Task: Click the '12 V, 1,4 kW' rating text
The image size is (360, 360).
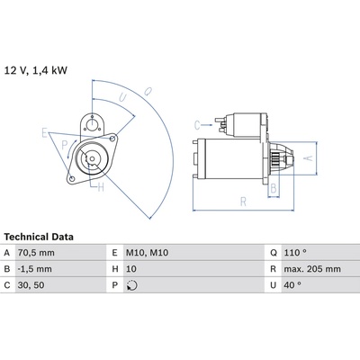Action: pyautogui.click(x=36, y=70)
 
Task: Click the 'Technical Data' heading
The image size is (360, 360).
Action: pyautogui.click(x=39, y=237)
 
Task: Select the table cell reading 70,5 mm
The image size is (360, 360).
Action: pyautogui.click(x=36, y=253)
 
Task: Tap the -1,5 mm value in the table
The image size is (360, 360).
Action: pyautogui.click(x=35, y=269)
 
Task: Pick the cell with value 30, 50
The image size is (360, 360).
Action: pyautogui.click(x=31, y=285)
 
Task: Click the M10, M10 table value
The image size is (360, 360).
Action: pyautogui.click(x=147, y=253)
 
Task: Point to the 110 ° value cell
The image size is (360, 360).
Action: pyautogui.click(x=295, y=253)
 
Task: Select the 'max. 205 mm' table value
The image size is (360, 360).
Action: pyautogui.click(x=312, y=269)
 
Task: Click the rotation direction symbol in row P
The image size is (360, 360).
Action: pyautogui.click(x=132, y=285)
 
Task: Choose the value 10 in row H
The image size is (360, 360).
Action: pyautogui.click(x=131, y=269)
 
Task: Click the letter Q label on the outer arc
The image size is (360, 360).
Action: pyautogui.click(x=148, y=91)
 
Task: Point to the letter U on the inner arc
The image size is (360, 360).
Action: pyautogui.click(x=122, y=97)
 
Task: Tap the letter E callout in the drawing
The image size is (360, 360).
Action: pyautogui.click(x=45, y=132)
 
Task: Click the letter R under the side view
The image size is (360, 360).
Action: pyautogui.click(x=243, y=202)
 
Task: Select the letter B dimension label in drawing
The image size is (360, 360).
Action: pyautogui.click(x=274, y=188)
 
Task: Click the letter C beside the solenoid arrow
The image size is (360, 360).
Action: pyautogui.click(x=197, y=125)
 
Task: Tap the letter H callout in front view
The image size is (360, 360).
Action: pyautogui.click(x=101, y=187)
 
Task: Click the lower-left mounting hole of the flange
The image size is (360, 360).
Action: pyautogui.click(x=72, y=179)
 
